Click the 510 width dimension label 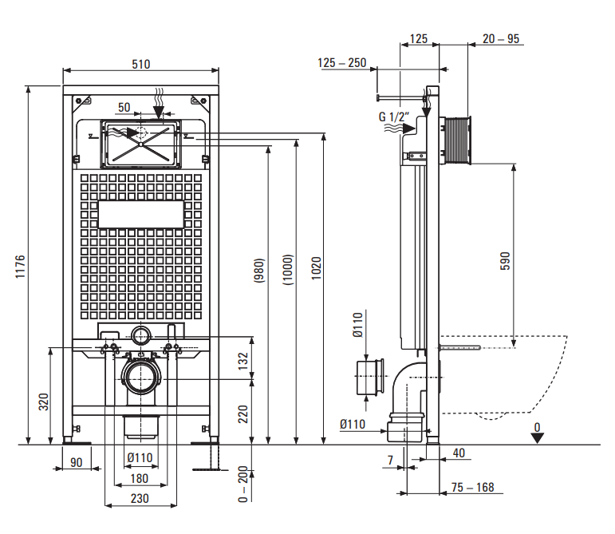pyautogui.click(x=141, y=64)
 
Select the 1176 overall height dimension pyautogui.click(x=20, y=267)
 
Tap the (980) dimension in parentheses pyautogui.click(x=259, y=271)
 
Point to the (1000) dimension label pyautogui.click(x=288, y=270)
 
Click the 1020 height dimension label pyautogui.click(x=316, y=268)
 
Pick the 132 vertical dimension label pyautogui.click(x=243, y=361)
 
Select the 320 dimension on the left pyautogui.click(x=44, y=401)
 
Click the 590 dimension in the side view pyautogui.click(x=505, y=261)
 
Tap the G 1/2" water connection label pyautogui.click(x=394, y=117)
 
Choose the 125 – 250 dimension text pyautogui.click(x=341, y=63)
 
